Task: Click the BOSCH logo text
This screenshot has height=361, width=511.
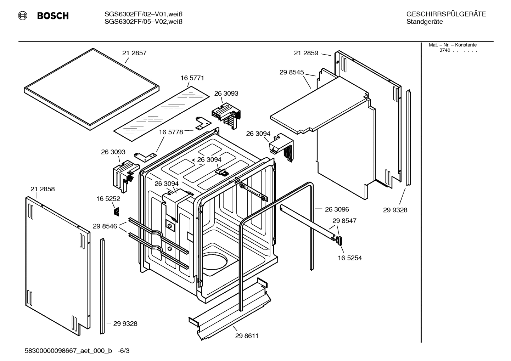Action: click(53, 16)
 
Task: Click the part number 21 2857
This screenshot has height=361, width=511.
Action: click(134, 53)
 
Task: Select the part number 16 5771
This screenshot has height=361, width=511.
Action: click(192, 78)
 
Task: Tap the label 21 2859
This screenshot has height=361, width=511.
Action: click(306, 53)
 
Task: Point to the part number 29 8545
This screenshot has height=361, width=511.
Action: click(292, 72)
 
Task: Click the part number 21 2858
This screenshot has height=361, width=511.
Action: click(43, 189)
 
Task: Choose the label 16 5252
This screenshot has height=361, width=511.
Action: click(108, 199)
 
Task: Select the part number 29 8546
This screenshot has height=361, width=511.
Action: click(105, 226)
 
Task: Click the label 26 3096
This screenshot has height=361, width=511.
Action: click(337, 209)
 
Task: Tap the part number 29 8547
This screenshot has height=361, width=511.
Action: click(344, 221)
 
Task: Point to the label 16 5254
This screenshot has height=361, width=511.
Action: click(350, 258)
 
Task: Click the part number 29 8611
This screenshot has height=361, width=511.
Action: click(247, 336)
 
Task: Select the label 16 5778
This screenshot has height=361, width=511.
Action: click(171, 132)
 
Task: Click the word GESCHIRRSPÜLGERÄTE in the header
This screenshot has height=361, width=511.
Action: click(446, 15)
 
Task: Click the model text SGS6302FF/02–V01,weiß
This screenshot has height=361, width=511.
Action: click(144, 15)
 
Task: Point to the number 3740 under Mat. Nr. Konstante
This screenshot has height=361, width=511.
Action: click(445, 50)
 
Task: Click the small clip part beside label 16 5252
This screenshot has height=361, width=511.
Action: click(116, 211)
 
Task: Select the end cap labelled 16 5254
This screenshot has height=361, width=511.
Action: click(339, 241)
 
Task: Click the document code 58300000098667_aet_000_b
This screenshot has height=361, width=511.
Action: click(68, 351)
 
